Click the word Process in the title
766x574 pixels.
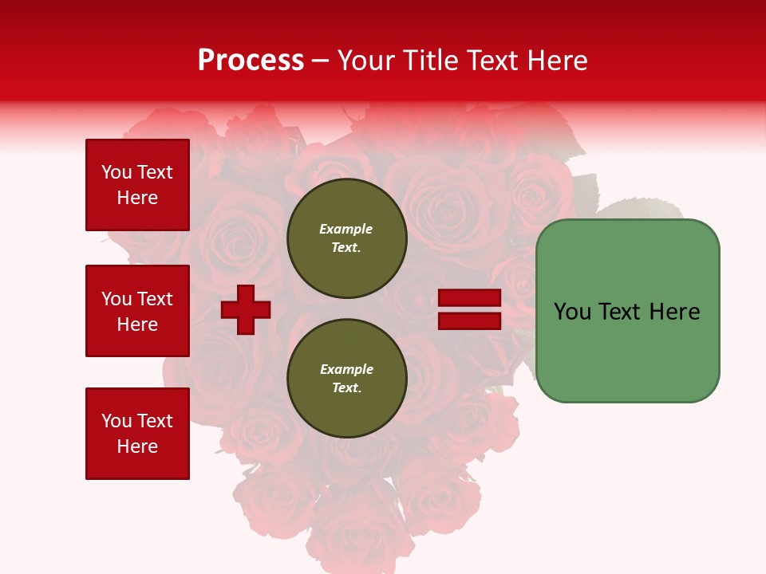click(251, 61)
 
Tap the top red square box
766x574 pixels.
click(137, 185)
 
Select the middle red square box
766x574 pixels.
click(137, 311)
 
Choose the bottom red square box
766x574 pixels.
click(137, 434)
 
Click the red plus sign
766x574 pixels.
click(246, 309)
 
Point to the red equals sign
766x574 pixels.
click(470, 309)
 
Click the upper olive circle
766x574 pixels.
click(346, 238)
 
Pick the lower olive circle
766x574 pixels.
click(346, 378)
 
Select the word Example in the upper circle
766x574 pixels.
click(346, 229)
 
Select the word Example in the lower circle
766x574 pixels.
click(346, 369)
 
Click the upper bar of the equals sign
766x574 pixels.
click(470, 297)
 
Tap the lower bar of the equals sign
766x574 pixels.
click(470, 321)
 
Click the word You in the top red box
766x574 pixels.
click(116, 172)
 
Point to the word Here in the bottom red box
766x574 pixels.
click(137, 446)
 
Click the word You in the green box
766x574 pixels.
click(572, 312)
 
